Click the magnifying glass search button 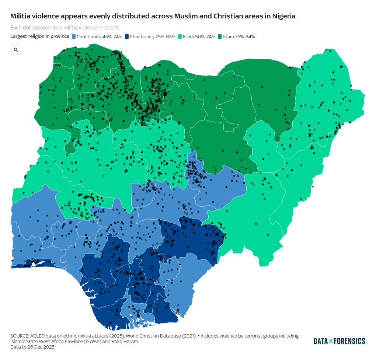[16, 49]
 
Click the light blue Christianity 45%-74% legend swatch [74, 36]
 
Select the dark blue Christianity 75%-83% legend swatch [127, 36]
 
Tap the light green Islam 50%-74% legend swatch [180, 36]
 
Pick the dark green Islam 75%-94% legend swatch [220, 36]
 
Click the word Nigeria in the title [283, 16]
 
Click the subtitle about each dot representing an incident [65, 28]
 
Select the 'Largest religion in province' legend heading [40, 36]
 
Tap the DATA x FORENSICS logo [339, 341]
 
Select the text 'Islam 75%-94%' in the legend [239, 36]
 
